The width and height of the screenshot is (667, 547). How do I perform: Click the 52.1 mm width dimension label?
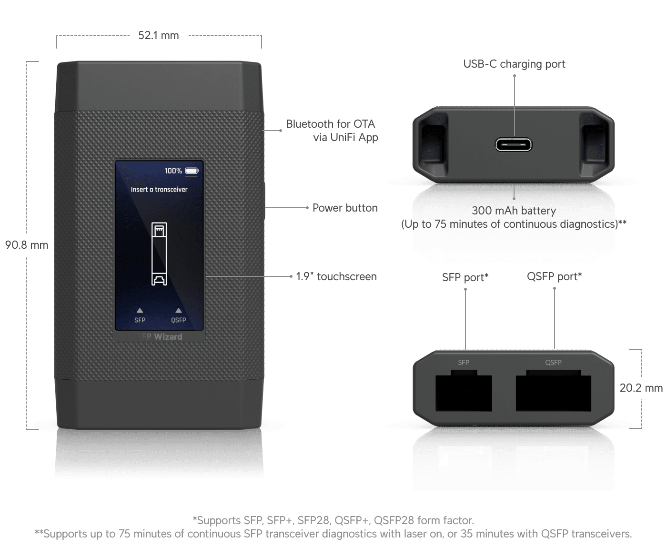click(158, 36)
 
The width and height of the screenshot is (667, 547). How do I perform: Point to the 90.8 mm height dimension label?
click(27, 245)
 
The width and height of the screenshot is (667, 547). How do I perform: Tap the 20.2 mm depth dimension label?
click(641, 388)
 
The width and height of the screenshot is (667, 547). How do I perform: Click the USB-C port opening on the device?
click(514, 144)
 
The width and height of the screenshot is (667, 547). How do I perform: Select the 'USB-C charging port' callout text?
click(514, 64)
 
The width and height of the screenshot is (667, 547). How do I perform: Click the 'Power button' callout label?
click(344, 208)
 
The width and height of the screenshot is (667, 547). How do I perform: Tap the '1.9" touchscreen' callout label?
click(336, 276)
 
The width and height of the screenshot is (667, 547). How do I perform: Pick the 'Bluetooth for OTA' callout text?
click(331, 124)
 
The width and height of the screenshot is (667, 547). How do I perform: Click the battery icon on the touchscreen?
click(192, 171)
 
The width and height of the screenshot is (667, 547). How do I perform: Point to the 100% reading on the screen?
click(173, 171)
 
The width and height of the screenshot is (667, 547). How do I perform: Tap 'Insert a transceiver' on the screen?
click(159, 189)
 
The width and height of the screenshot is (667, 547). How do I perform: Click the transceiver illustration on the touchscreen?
click(159, 254)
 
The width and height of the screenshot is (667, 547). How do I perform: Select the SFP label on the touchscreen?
click(140, 320)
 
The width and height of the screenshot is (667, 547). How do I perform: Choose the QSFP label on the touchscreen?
click(179, 320)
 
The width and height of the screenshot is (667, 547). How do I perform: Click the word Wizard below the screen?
click(168, 337)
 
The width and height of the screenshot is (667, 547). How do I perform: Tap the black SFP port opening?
click(464, 393)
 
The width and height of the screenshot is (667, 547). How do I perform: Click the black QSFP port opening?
click(554, 393)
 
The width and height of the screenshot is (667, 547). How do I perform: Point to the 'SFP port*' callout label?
click(465, 277)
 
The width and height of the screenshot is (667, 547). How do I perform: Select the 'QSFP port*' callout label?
click(554, 276)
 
